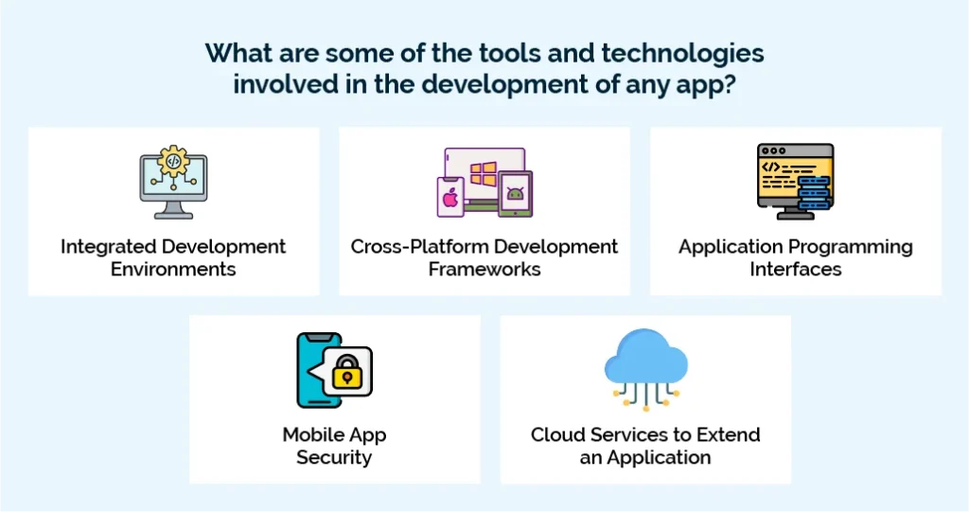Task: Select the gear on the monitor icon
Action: tap(173, 162)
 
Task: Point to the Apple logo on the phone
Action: tap(449, 200)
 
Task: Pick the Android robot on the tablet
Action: tap(515, 194)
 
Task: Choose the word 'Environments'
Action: tap(173, 269)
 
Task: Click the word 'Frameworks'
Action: tap(484, 269)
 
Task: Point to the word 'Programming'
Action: tap(847, 247)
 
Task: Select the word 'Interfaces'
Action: tap(796, 269)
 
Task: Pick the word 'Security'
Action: tap(334, 457)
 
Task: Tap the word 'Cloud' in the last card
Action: tap(556, 435)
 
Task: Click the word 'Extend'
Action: tap(729, 435)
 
